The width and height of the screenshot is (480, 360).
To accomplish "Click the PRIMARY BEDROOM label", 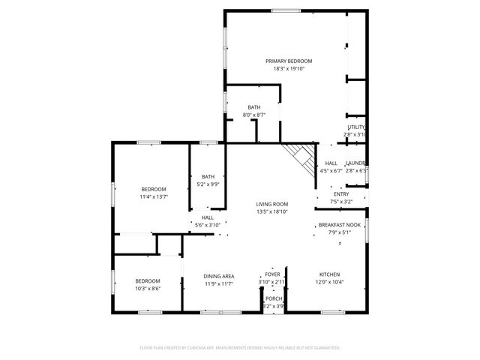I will coord(289,61).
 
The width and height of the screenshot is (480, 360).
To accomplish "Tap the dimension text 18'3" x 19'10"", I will coord(289,68).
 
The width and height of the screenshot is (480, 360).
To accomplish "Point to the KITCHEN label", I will coord(330,274).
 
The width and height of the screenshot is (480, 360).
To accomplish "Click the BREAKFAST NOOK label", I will coord(339,225).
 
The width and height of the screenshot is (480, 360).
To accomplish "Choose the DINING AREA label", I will coord(219,276).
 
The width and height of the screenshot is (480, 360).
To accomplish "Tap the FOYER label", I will coord(273,275).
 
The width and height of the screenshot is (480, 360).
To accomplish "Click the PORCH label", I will coord(274,298).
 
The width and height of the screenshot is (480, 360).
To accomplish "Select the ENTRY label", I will coord(342,194).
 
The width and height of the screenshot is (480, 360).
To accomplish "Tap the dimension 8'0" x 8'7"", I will coord(255,115).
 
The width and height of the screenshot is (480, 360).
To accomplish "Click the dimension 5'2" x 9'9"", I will coord(208,184).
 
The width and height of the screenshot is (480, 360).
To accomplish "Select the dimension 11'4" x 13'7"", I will coord(154,196).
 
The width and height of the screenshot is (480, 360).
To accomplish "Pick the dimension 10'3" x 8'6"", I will coord(147,288).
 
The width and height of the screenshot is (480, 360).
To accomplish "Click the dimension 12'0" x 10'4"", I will coord(330,282).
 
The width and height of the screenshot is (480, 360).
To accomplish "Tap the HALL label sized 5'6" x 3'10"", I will coord(208,217).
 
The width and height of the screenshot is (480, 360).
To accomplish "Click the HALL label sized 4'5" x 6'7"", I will coord(331,163).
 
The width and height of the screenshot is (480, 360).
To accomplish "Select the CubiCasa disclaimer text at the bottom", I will coord(240,348).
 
